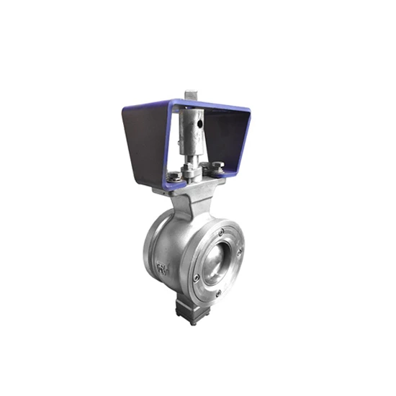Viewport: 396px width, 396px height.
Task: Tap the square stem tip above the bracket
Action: coord(190,96)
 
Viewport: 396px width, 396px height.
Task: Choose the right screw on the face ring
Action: coord(240,251)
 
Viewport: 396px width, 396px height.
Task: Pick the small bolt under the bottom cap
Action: coord(192,321)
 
